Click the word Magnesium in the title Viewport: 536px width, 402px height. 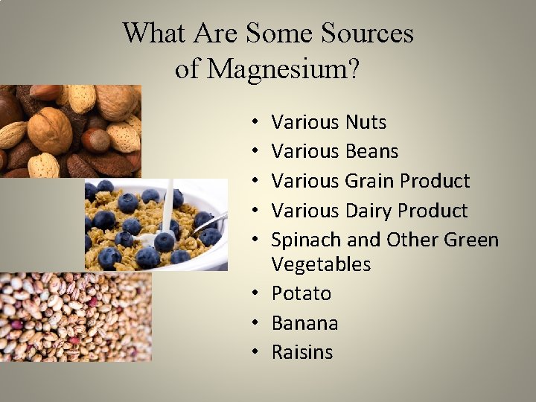[283, 69]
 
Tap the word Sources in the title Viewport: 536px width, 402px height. [367, 33]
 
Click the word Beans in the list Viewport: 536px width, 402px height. [371, 151]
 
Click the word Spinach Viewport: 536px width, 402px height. [306, 240]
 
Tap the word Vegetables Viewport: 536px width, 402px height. [321, 264]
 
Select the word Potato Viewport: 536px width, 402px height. [301, 293]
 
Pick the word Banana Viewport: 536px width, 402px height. [304, 323]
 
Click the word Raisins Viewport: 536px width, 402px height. [302, 352]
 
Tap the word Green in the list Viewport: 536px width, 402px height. [471, 240]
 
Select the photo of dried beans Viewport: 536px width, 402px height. [74, 316]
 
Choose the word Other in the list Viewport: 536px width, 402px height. [411, 240]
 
